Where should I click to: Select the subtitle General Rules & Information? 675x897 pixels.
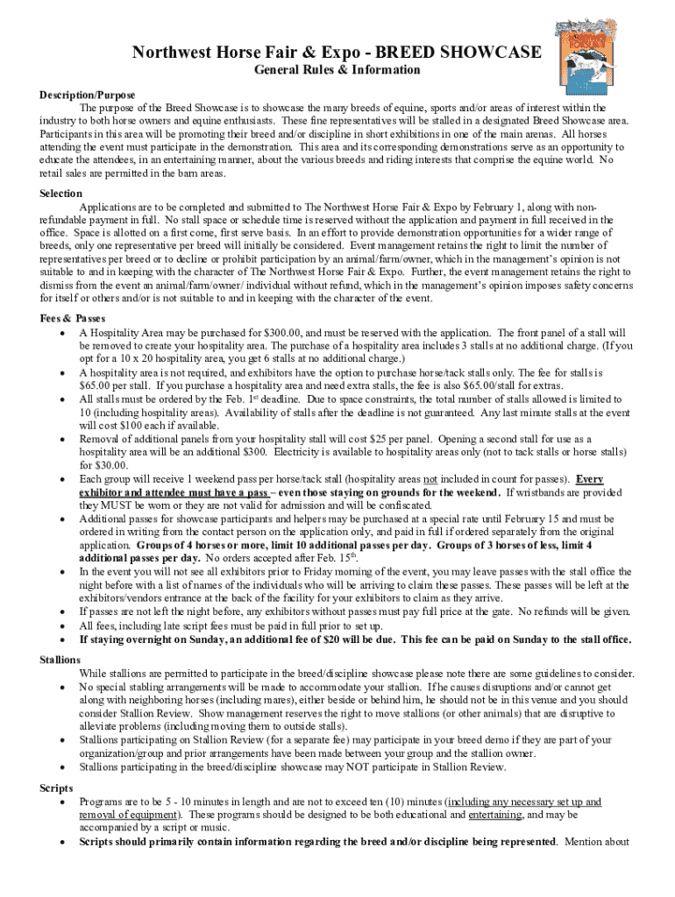point(337,70)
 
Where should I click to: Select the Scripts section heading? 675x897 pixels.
point(56,788)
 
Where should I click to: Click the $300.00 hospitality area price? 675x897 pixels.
point(287,333)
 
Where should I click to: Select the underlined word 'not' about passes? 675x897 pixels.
point(430,479)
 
